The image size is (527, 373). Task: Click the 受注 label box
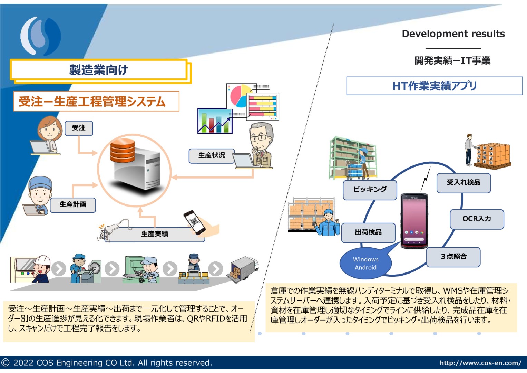(x=79, y=128)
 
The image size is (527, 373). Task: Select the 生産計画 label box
(x=73, y=205)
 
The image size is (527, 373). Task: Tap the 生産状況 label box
(x=212, y=156)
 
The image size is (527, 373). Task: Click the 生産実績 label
(x=155, y=234)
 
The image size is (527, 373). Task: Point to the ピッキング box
(x=370, y=190)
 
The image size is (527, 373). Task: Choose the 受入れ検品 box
(x=463, y=183)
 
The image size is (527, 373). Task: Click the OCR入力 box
(x=477, y=219)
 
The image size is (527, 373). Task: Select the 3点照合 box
(x=453, y=257)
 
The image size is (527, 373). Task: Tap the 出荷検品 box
(x=368, y=233)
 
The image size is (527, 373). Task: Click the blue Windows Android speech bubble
(x=365, y=263)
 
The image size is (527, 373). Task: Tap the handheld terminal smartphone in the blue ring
(x=414, y=221)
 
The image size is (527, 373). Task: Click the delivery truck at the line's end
(x=243, y=269)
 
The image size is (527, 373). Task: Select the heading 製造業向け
(x=98, y=70)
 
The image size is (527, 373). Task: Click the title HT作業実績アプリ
(x=434, y=86)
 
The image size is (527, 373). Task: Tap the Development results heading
(x=453, y=34)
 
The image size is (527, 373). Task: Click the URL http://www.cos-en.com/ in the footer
(x=480, y=363)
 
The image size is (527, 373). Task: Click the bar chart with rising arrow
(x=215, y=121)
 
